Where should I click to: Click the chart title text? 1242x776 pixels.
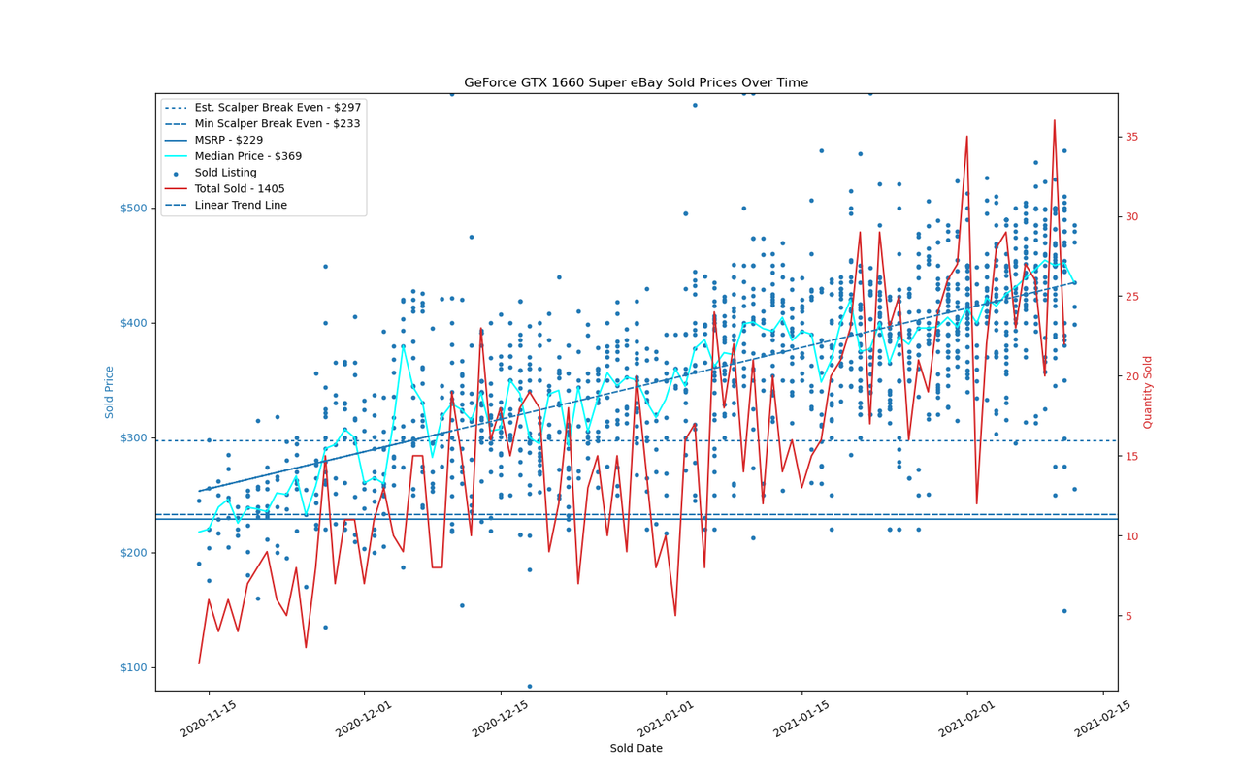[x=636, y=82]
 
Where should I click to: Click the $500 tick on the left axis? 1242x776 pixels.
[x=134, y=209]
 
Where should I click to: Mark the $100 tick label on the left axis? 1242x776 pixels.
[x=134, y=667]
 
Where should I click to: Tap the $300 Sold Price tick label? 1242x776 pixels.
[x=134, y=437]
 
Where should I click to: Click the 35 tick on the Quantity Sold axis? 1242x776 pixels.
[x=1131, y=137]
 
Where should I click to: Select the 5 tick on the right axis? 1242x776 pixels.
[x=1128, y=616]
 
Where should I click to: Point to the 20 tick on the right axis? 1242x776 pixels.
[x=1131, y=376]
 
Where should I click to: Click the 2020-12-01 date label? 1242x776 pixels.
[x=364, y=719]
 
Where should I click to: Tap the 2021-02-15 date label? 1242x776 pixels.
[x=1102, y=719]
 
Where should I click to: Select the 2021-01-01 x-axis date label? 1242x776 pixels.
[x=666, y=719]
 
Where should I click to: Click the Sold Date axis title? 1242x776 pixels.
[x=636, y=748]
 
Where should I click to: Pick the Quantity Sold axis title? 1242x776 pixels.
[x=1148, y=392]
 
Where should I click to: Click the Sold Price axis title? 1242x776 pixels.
[x=109, y=392]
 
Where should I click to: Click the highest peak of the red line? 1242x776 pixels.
[x=1054, y=120]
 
